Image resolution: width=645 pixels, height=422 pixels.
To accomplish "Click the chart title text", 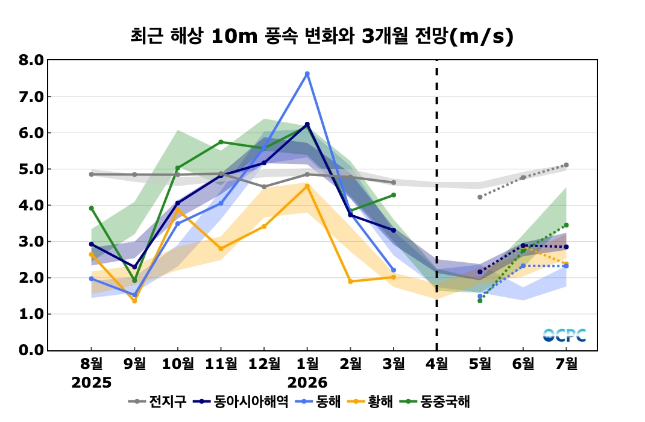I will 322,36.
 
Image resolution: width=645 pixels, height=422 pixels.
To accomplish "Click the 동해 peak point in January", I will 307,74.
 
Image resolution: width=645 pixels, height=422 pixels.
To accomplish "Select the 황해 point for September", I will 134,300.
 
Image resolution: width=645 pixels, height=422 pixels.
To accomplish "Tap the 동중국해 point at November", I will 221,142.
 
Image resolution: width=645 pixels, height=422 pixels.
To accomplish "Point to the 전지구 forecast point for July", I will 567,165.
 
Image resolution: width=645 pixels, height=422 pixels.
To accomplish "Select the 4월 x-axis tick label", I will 437,364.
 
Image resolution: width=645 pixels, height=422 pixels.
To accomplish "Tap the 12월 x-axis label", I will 264,364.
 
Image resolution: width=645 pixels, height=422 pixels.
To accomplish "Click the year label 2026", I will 307,382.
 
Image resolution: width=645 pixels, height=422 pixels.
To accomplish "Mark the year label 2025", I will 92,382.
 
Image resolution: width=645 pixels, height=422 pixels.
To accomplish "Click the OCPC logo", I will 564,335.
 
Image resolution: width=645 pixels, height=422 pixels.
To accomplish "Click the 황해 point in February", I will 350,281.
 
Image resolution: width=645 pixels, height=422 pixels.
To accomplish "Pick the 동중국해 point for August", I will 92,209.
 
